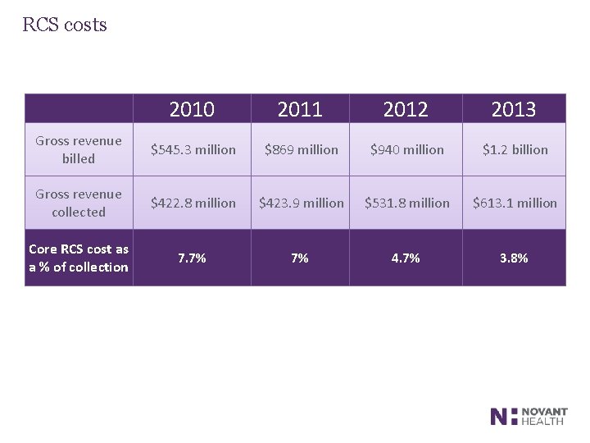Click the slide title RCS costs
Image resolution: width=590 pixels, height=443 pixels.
tap(65, 25)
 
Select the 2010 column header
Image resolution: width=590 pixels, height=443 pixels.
tap(192, 109)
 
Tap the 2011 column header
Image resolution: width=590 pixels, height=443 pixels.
tap(300, 109)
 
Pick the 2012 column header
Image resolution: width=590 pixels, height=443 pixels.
tap(406, 109)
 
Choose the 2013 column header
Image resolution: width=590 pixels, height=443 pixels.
tap(514, 109)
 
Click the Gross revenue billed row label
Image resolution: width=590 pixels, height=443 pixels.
tap(79, 149)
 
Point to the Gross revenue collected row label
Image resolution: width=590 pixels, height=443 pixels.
tap(79, 203)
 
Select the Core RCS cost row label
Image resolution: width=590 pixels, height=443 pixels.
tap(79, 258)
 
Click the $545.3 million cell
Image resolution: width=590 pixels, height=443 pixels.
tap(192, 149)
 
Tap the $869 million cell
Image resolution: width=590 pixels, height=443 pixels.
tap(300, 149)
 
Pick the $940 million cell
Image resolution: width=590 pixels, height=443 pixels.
tap(406, 149)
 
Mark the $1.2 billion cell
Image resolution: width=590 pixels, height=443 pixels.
tap(515, 149)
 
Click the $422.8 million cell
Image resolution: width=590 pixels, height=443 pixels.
tap(192, 203)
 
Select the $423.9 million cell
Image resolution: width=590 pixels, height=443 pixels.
tap(301, 203)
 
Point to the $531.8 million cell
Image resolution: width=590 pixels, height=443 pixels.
tap(407, 203)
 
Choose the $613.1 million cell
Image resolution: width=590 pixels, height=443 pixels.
tap(515, 203)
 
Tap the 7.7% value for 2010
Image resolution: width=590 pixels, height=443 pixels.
tap(192, 258)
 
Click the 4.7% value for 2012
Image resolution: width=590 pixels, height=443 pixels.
tap(406, 258)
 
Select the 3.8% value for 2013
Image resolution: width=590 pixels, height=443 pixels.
tap(514, 258)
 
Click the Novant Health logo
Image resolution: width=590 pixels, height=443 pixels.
tap(528, 416)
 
